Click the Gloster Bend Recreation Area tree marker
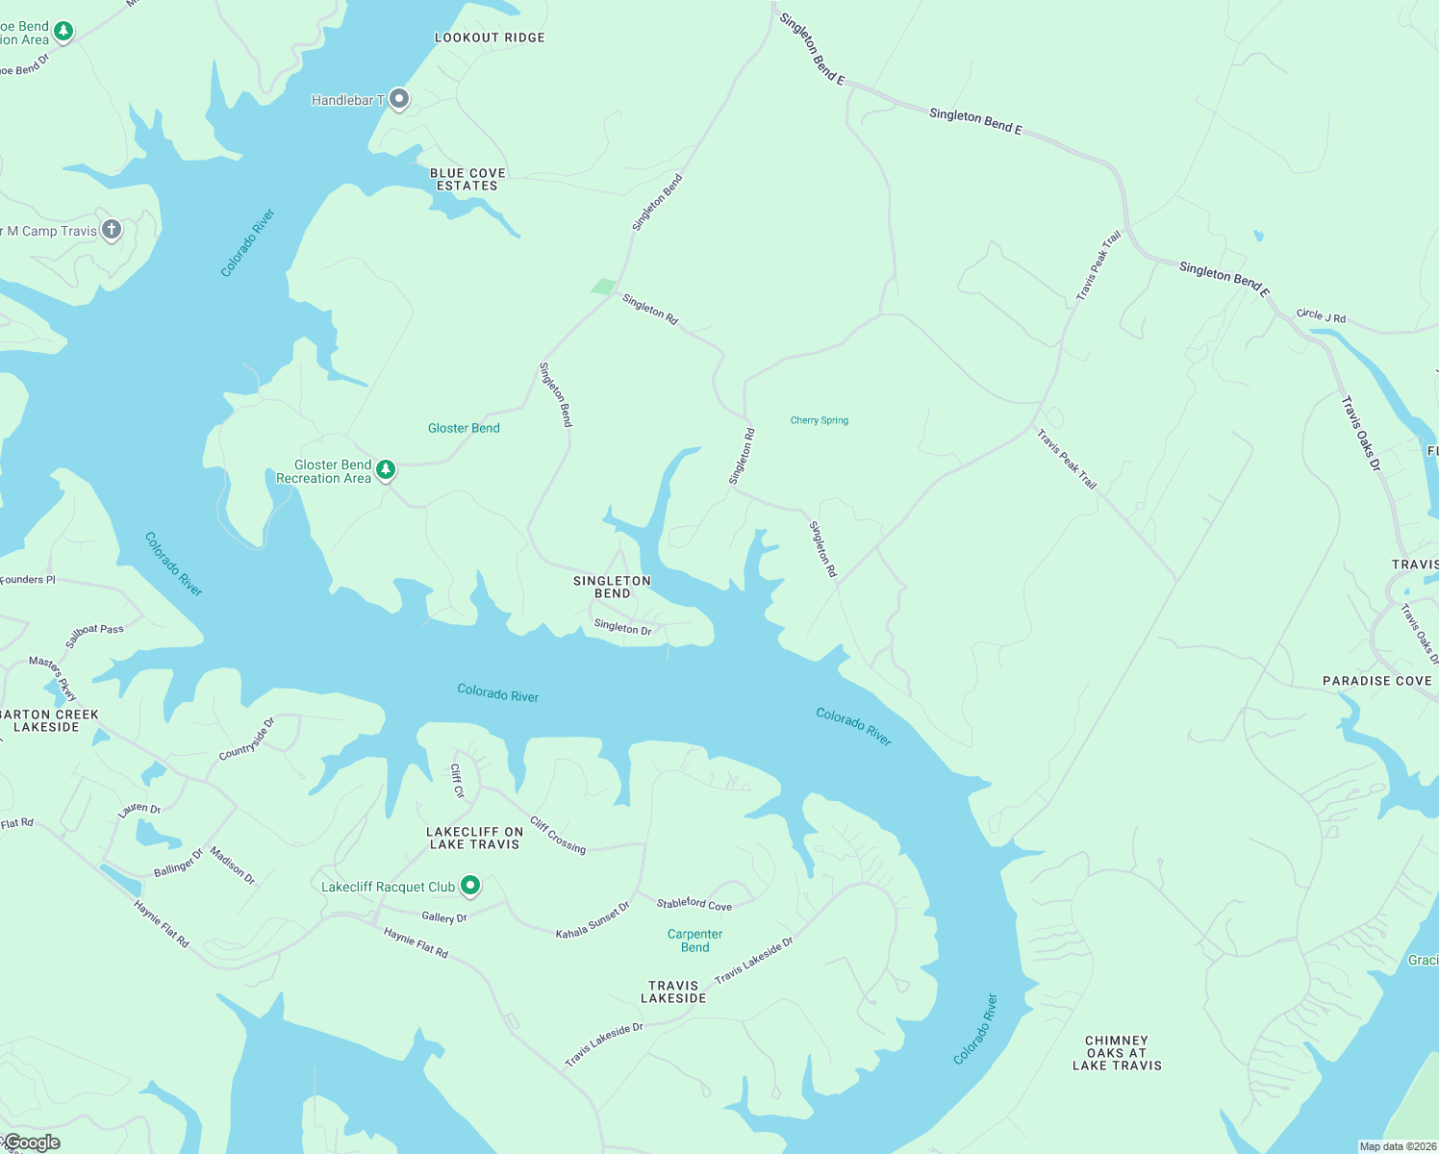[386, 469]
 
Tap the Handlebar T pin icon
[399, 99]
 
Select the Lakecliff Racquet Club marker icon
[470, 885]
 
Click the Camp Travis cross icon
[112, 230]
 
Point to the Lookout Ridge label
[490, 38]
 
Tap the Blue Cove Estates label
[467, 180]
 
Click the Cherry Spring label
[820, 420]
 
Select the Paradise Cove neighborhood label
[1376, 681]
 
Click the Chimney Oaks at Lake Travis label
[1117, 1053]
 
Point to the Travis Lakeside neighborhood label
[673, 992]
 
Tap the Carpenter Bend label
[694, 941]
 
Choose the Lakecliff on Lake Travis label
[475, 839]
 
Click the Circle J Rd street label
[1321, 315]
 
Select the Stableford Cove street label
[694, 904]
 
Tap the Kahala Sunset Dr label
[593, 920]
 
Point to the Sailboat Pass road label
[94, 636]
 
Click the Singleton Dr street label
[622, 627]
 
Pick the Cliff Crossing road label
[558, 835]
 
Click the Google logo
[32, 1142]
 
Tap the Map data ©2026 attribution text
[1398, 1146]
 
